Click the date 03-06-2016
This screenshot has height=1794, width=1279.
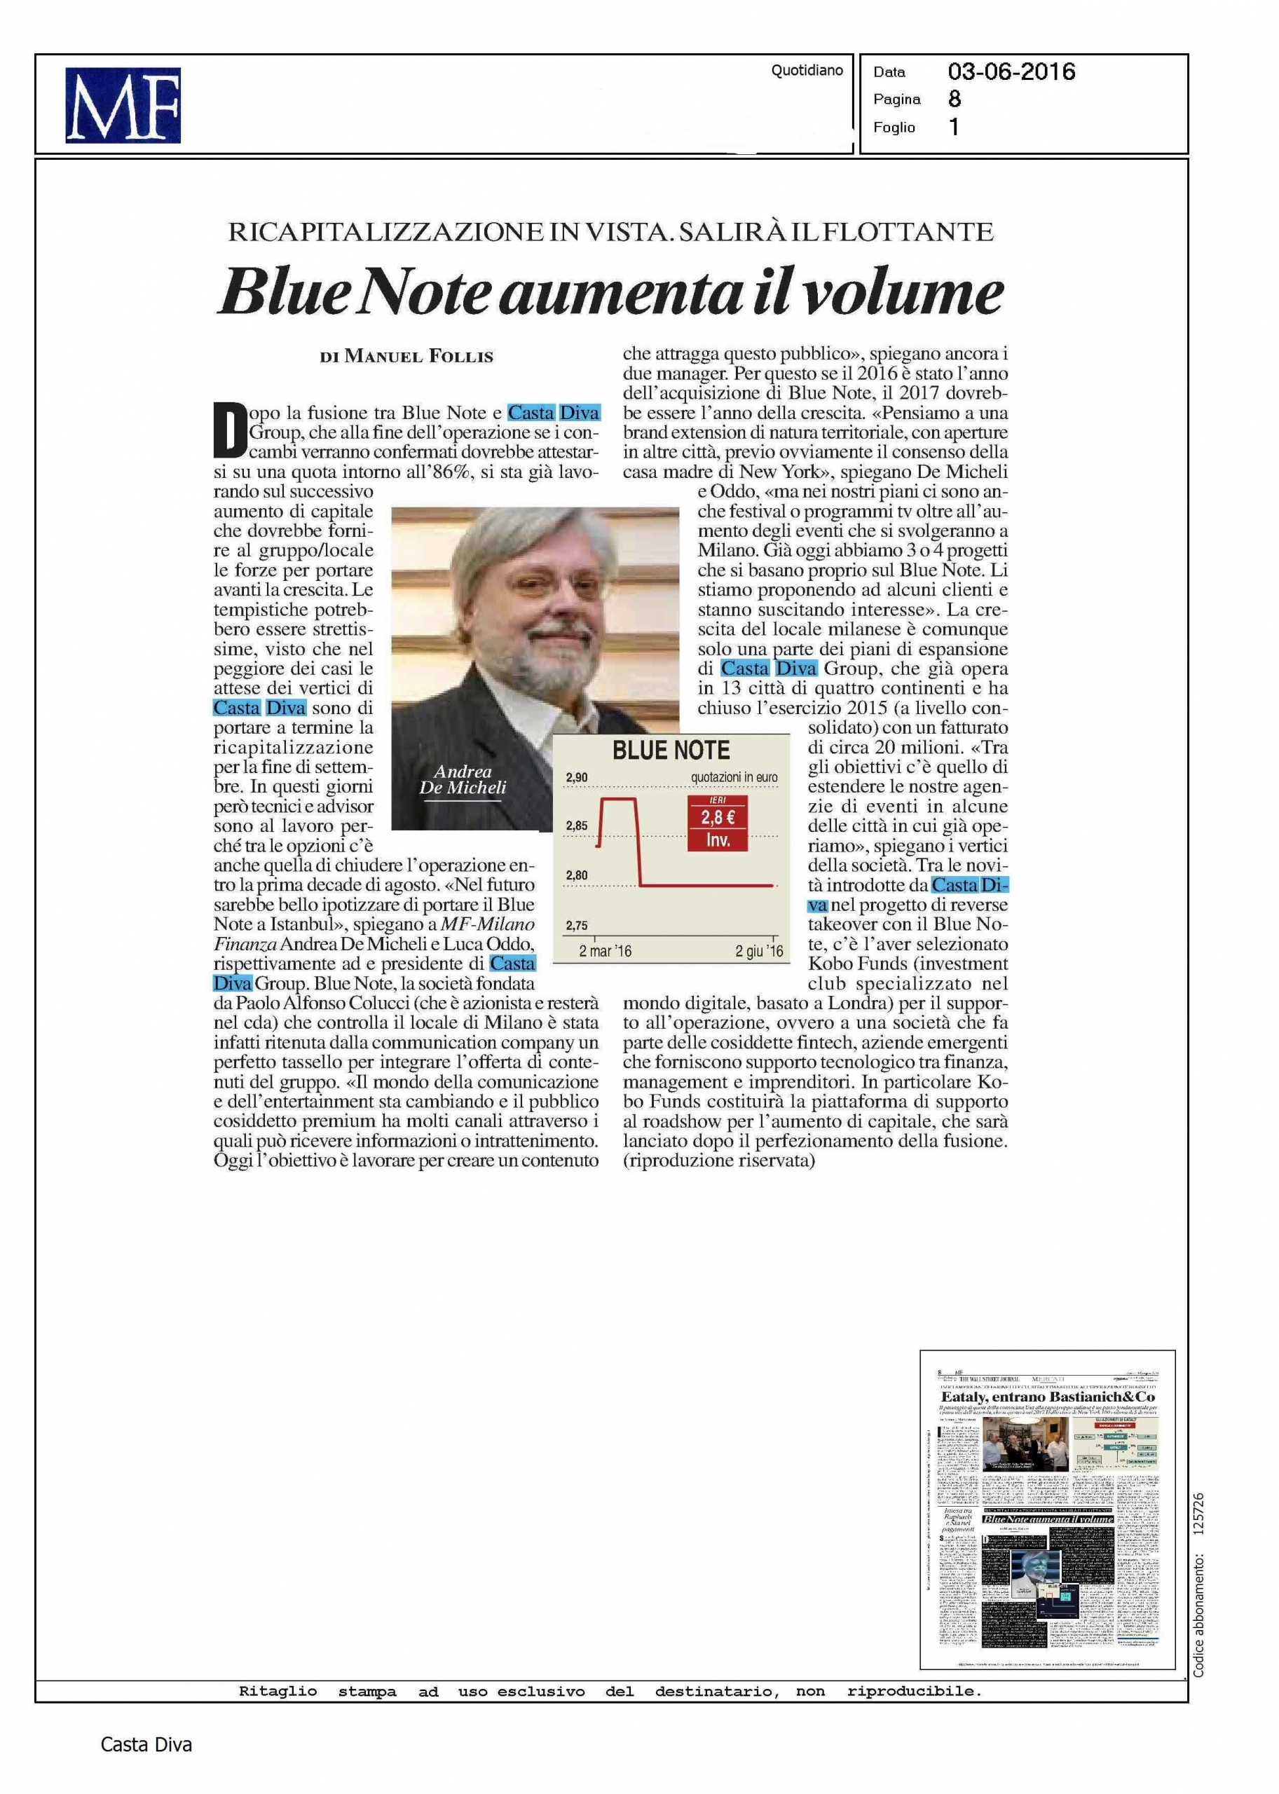[x=1011, y=72]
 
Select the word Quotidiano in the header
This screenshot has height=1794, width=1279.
[x=807, y=71]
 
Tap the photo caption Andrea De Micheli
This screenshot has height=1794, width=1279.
[x=463, y=780]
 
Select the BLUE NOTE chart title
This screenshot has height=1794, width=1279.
[x=671, y=750]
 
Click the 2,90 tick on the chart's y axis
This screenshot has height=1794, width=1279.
[x=577, y=777]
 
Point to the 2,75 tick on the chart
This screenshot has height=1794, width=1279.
[x=577, y=925]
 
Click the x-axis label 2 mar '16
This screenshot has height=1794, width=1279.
[x=605, y=952]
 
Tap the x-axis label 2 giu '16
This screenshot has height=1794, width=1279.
[x=759, y=952]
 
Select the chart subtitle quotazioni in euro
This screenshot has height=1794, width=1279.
[x=734, y=777]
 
